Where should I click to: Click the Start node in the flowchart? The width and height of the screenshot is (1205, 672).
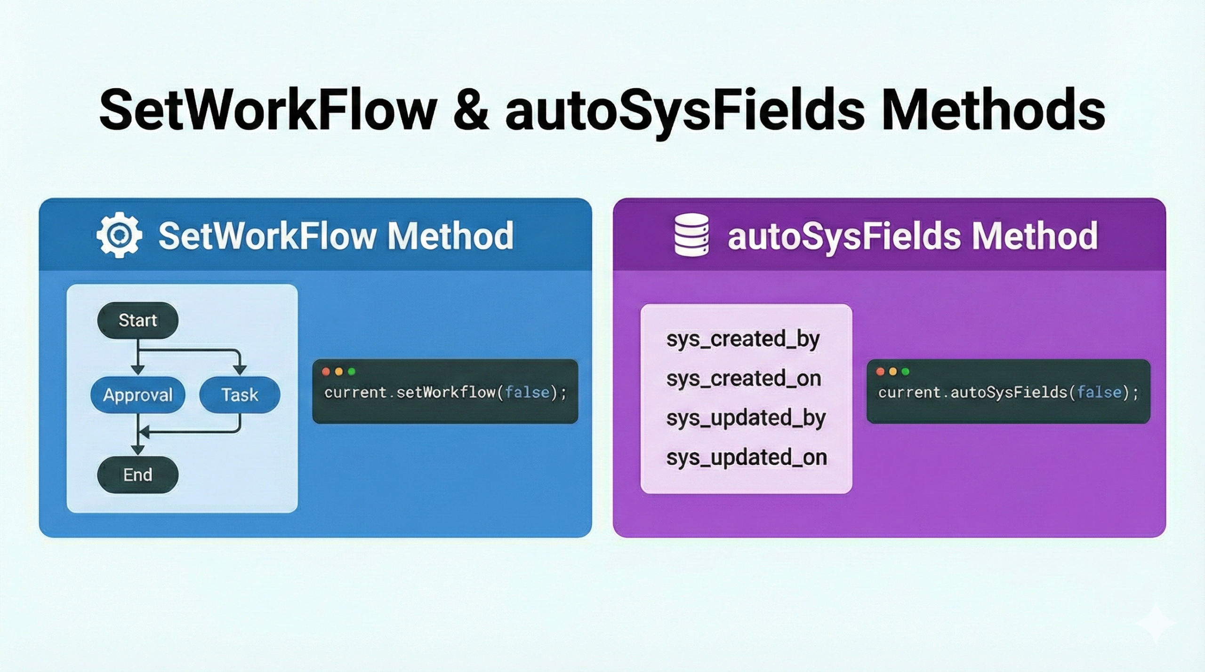click(137, 320)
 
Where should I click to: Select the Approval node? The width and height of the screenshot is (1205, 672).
click(137, 395)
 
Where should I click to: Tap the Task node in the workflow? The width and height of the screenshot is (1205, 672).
click(240, 395)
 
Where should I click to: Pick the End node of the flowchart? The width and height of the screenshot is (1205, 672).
click(137, 474)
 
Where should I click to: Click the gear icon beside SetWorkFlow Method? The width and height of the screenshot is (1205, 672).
click(119, 235)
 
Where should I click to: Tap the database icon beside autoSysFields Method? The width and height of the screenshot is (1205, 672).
click(691, 235)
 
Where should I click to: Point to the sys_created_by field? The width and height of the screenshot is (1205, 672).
click(743, 339)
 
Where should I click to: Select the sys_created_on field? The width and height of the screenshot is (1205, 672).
click(744, 379)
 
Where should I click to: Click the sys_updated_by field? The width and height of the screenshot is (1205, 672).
click(746, 418)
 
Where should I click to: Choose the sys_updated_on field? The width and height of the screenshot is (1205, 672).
click(747, 458)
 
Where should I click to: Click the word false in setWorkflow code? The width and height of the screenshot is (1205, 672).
click(527, 392)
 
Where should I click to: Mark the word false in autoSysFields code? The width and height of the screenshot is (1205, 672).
click(1100, 392)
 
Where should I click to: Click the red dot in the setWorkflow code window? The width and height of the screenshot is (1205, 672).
click(326, 372)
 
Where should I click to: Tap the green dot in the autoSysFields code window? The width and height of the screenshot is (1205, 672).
click(905, 372)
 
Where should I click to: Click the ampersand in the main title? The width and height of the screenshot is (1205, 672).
click(471, 111)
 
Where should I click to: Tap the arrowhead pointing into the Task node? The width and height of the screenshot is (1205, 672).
click(240, 371)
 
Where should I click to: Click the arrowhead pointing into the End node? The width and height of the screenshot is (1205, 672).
click(137, 451)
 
